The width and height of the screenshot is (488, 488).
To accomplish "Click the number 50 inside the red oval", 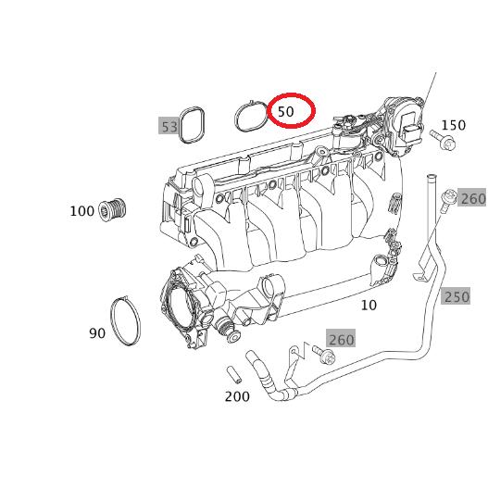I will pyautogui.click(x=286, y=111).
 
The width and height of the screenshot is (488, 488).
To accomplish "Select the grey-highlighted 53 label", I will pyautogui.click(x=169, y=127).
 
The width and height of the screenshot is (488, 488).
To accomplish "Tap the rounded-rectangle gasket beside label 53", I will pyautogui.click(x=194, y=124).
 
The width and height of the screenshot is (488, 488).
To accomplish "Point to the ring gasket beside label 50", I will pyautogui.click(x=249, y=115).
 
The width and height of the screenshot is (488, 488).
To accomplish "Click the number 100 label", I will pyautogui.click(x=81, y=211).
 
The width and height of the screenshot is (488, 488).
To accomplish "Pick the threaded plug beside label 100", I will pyautogui.click(x=114, y=208).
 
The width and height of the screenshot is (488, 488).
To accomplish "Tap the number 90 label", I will pyautogui.click(x=97, y=332).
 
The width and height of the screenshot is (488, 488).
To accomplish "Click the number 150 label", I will pyautogui.click(x=453, y=125).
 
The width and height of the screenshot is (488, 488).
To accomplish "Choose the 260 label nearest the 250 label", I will pyautogui.click(x=472, y=198).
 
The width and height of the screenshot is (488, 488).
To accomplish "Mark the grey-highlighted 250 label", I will pyautogui.click(x=457, y=296).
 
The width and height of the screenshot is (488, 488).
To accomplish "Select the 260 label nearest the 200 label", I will pyautogui.click(x=341, y=340).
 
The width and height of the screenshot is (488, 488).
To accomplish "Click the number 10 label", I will pyautogui.click(x=369, y=305).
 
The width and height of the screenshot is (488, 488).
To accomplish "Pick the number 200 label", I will pyautogui.click(x=237, y=396).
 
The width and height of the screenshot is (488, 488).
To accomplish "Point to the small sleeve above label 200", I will pyautogui.click(x=233, y=375).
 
